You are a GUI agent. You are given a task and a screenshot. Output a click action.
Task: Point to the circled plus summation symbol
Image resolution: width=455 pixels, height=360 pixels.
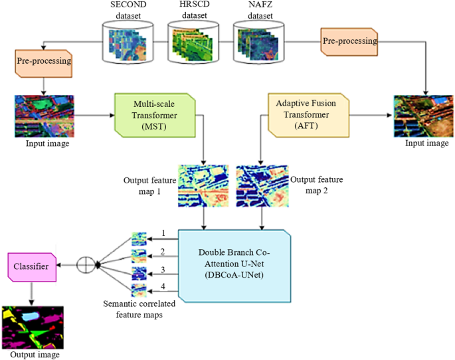point(86,266)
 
